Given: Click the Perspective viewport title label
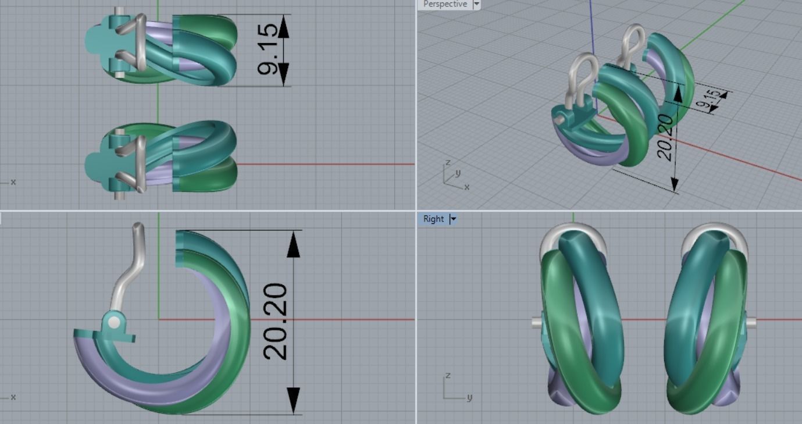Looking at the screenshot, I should click(x=445, y=4).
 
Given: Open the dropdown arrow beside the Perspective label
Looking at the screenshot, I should click(x=477, y=4).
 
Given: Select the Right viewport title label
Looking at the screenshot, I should click(x=433, y=219).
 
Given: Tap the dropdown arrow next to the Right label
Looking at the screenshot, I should click(x=454, y=219).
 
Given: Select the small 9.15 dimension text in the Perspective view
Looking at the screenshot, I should click(x=711, y=100).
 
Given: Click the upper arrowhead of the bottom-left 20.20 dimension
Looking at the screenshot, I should click(x=294, y=244).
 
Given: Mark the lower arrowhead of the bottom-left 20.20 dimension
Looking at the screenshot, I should click(x=294, y=400).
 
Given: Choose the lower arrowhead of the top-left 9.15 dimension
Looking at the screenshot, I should click(x=283, y=74).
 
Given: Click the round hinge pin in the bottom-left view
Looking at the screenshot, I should click(x=114, y=322).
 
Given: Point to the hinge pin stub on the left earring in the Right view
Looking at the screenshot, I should click(x=537, y=321).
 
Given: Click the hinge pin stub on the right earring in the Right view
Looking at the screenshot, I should click(x=751, y=321).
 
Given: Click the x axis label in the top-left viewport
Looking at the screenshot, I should click(x=13, y=182).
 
